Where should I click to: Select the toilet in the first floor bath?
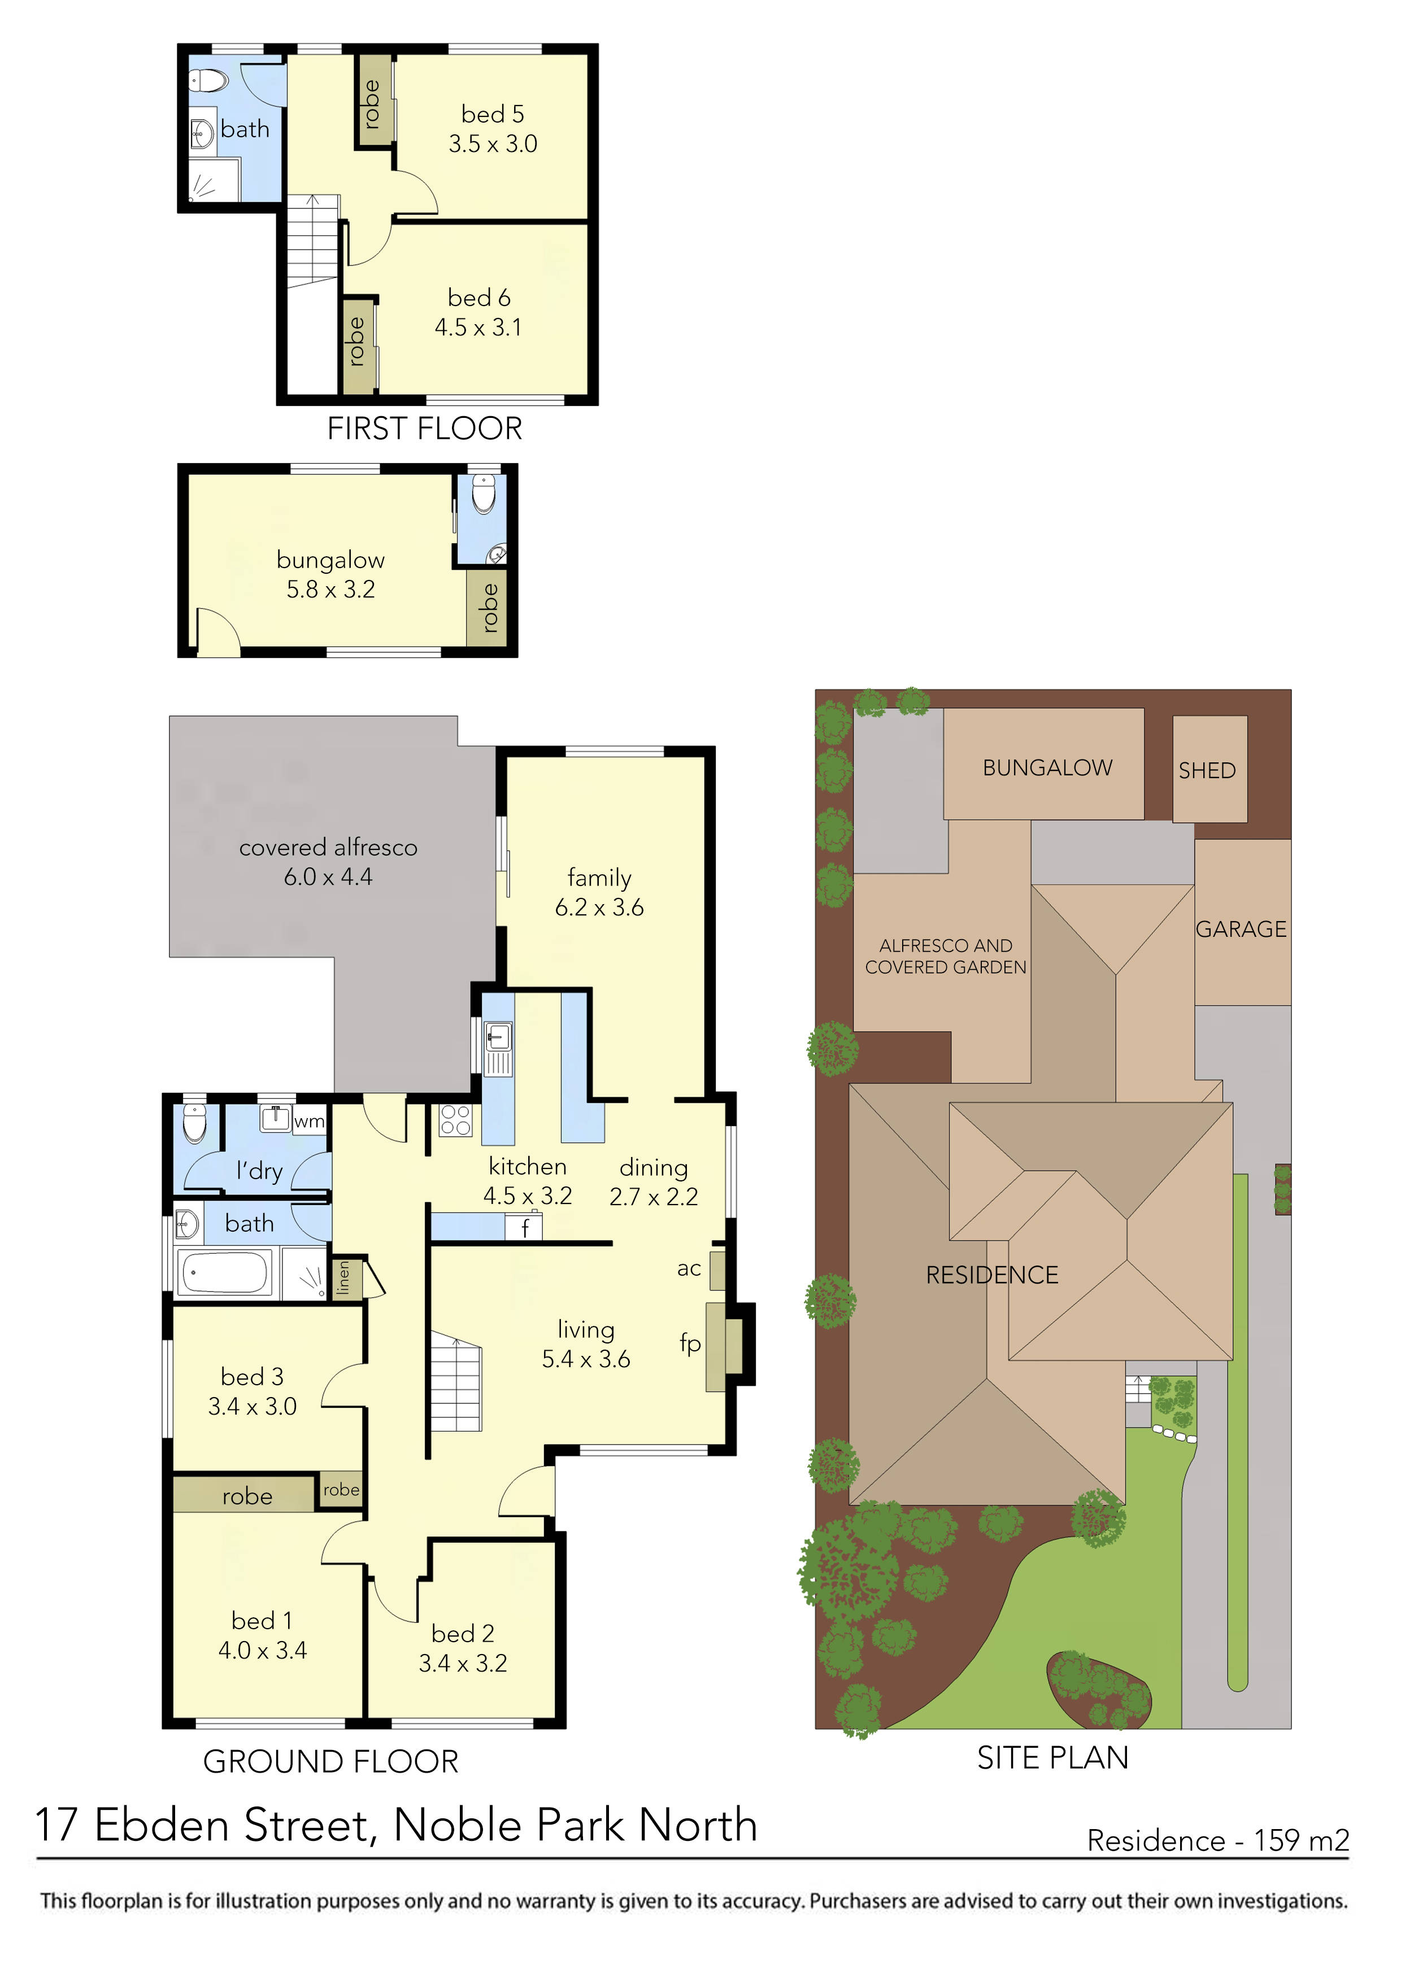click(x=207, y=82)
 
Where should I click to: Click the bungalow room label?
click(x=330, y=560)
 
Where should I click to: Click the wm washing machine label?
click(x=309, y=1122)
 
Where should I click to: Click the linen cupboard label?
click(x=343, y=1278)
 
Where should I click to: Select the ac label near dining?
click(x=688, y=1268)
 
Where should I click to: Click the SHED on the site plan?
click(x=1208, y=770)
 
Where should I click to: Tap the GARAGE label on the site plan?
click(x=1241, y=930)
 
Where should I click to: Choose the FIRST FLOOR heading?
click(x=425, y=429)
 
